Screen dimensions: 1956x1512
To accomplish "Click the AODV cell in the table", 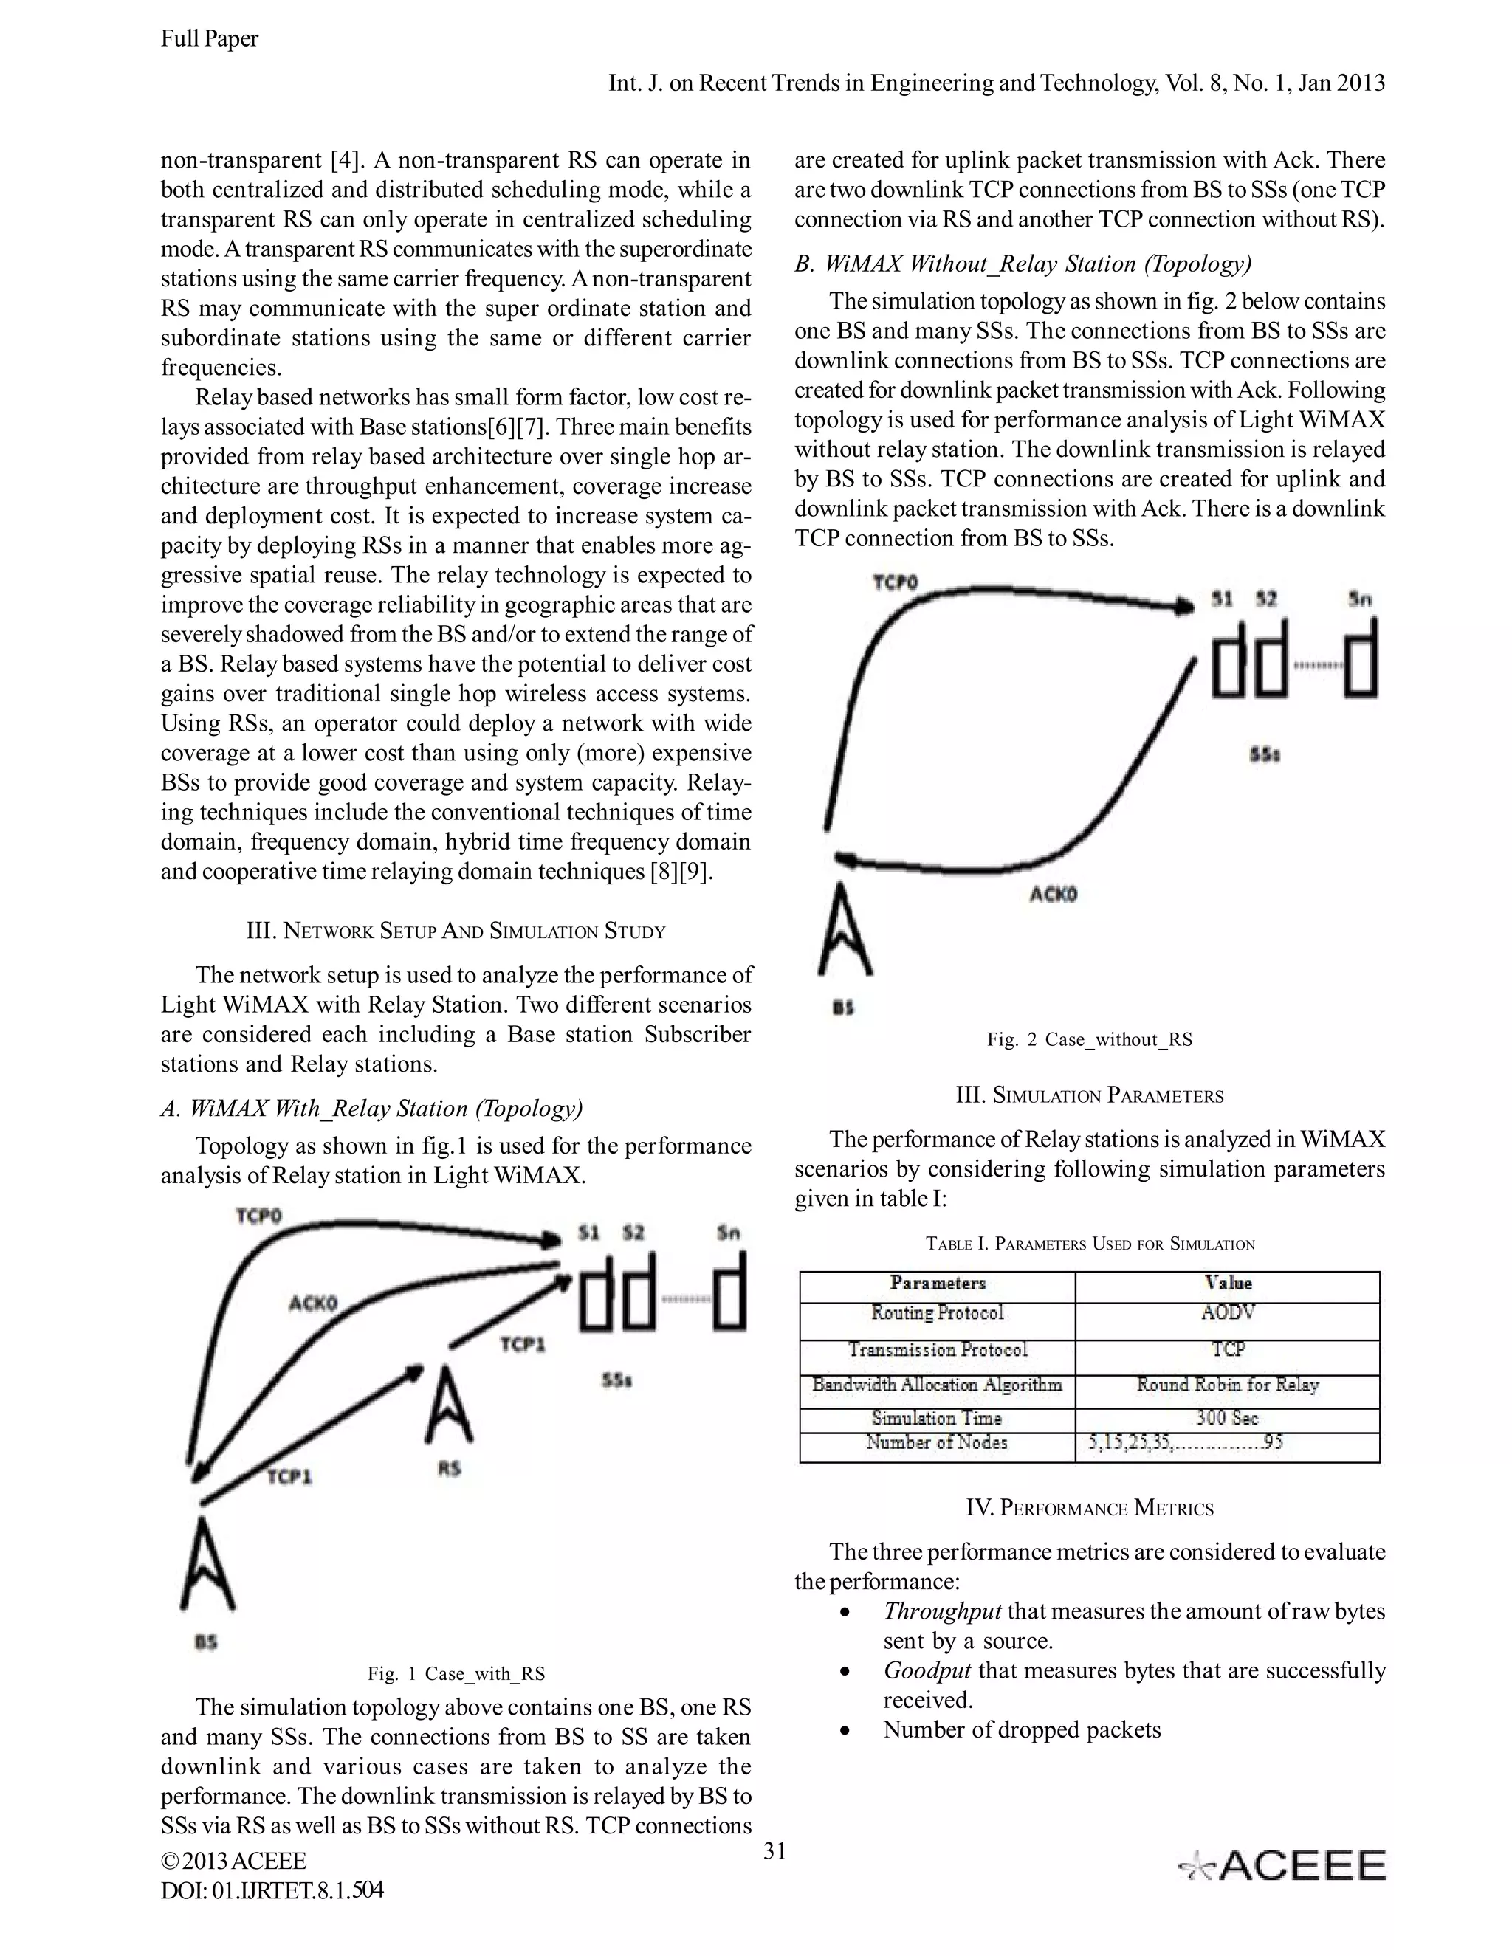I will (1227, 1312).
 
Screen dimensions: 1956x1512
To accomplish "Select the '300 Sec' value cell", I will (1226, 1418).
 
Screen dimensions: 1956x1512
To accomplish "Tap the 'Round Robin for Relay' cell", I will (1226, 1385).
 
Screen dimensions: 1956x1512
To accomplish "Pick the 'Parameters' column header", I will (937, 1283).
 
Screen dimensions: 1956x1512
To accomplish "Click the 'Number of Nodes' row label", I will (936, 1442).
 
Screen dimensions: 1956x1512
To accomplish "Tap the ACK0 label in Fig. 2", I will (1053, 894).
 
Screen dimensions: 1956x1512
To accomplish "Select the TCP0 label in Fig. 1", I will (259, 1216).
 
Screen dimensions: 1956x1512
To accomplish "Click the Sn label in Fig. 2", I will (1359, 599).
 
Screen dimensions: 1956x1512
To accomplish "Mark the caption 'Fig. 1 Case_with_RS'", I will (456, 1673).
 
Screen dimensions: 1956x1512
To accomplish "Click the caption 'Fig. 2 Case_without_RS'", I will (1089, 1039).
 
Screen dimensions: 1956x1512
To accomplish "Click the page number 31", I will (774, 1850).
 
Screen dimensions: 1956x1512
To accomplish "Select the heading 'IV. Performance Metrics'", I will (1089, 1507).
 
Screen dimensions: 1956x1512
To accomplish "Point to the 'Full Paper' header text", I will (210, 38).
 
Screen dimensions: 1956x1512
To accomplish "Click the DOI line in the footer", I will (272, 1890).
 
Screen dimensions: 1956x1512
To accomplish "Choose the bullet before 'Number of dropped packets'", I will (844, 1730).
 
